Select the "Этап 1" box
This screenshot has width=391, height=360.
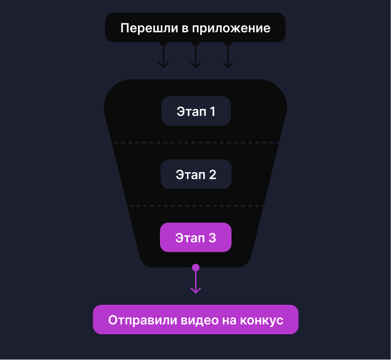coord(196,111)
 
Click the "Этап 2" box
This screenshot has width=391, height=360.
coord(196,175)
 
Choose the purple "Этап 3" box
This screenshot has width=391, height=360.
coord(196,238)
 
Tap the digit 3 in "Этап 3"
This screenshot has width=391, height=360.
coord(212,238)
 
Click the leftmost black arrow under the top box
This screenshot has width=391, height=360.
coord(163,56)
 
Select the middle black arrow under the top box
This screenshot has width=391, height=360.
coord(196,56)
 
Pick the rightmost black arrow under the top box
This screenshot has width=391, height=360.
coord(228,56)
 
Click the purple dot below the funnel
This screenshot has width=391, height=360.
coord(196,268)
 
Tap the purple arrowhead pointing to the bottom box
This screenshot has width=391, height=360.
coord(196,290)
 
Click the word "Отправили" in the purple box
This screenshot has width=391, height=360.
coord(138,320)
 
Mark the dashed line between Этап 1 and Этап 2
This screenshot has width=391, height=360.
coord(196,142)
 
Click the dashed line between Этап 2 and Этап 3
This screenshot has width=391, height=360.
coord(196,206)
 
